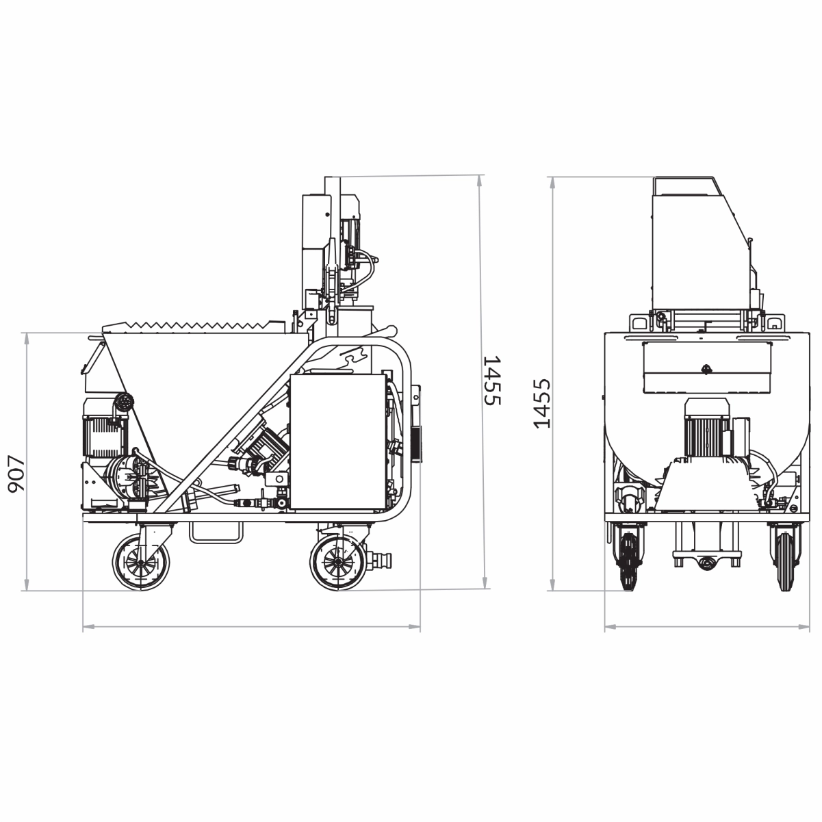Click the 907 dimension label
click(17, 474)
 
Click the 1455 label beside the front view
click(542, 403)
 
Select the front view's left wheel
click(628, 562)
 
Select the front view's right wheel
click(784, 562)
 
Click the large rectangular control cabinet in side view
click(338, 441)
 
